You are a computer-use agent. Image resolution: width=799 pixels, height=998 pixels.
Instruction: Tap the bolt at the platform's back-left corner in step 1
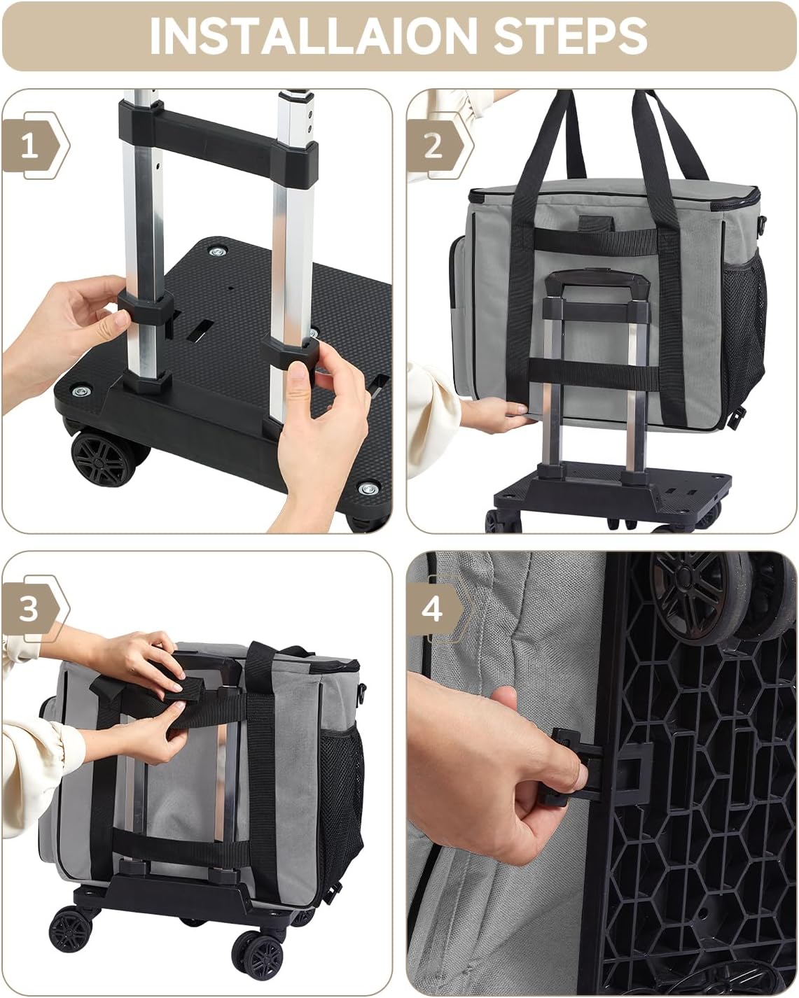[x=215, y=250]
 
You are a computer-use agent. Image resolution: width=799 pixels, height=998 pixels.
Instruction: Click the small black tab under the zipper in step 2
[x=594, y=224]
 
